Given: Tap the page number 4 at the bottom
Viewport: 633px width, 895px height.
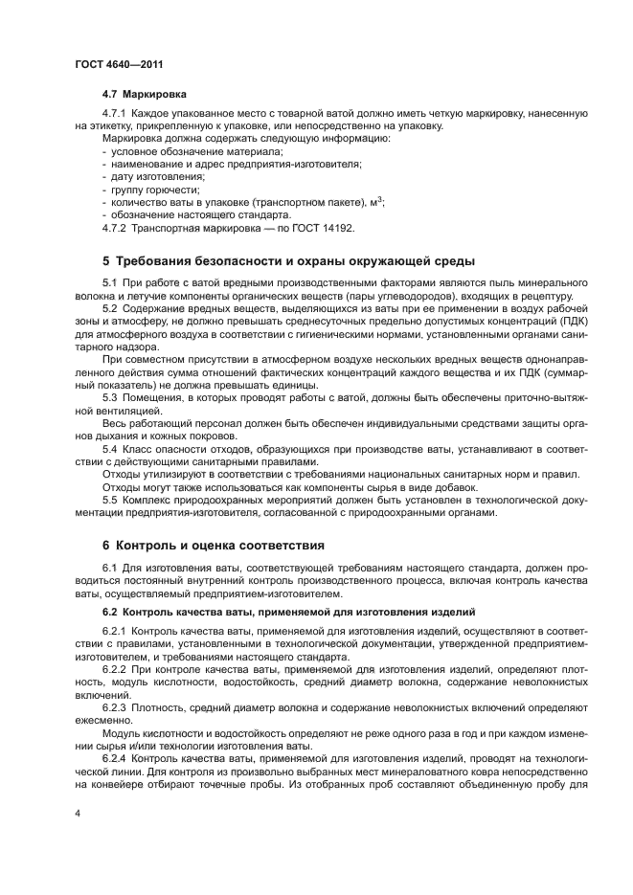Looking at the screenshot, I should [76, 812].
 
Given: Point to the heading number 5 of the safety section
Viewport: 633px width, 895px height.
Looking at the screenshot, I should [106, 261].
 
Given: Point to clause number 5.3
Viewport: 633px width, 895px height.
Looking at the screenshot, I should [109, 396].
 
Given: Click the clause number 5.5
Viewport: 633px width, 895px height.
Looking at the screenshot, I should [109, 500].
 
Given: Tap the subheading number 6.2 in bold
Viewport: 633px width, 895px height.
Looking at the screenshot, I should [110, 611].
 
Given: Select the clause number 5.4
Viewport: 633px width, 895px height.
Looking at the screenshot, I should [109, 448].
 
